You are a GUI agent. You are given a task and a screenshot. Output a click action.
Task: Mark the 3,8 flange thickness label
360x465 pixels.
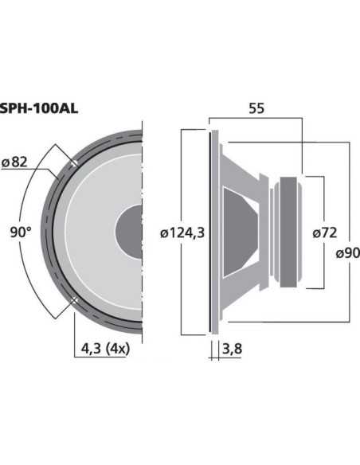point(231,348)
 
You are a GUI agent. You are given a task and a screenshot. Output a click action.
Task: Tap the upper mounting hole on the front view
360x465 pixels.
point(73,162)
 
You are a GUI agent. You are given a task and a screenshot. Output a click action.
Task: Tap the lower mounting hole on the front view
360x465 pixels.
point(73,300)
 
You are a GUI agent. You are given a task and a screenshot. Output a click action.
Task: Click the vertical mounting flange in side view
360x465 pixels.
point(212,231)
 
